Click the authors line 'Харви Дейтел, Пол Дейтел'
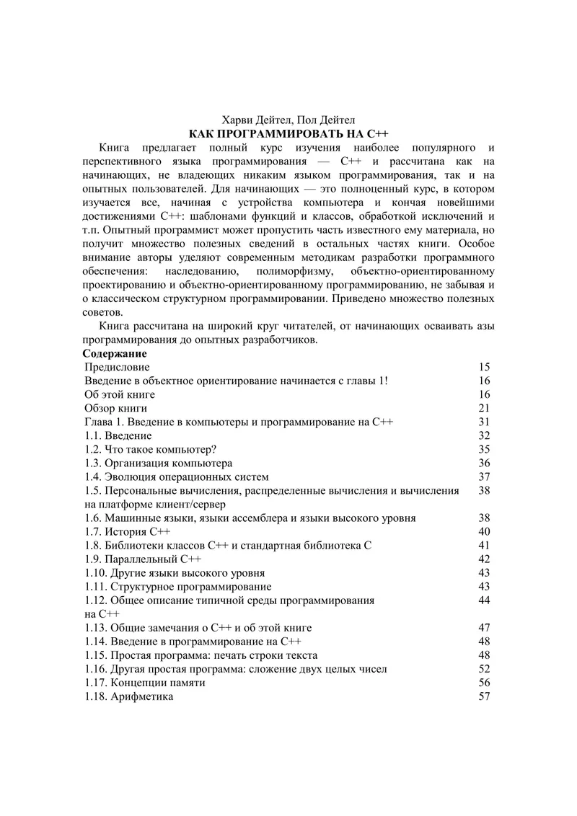[x=288, y=120]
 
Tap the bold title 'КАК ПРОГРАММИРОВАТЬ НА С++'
[x=288, y=134]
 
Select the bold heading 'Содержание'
[x=115, y=354]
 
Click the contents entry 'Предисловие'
[x=118, y=367]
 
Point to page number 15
[x=484, y=367]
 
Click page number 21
[x=484, y=408]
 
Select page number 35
[x=484, y=449]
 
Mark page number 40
[x=484, y=531]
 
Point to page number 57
[x=484, y=696]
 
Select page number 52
[x=484, y=669]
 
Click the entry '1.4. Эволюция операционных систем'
[x=177, y=476]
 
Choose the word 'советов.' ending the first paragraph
[x=103, y=312]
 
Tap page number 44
[x=484, y=600]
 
